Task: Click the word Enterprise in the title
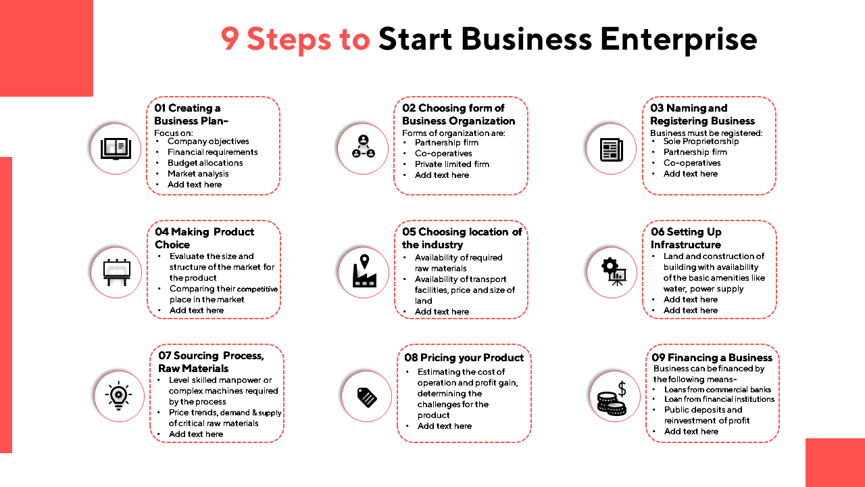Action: pyautogui.click(x=678, y=40)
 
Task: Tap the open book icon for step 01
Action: pyautogui.click(x=116, y=148)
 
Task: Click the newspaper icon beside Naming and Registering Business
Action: pyautogui.click(x=611, y=148)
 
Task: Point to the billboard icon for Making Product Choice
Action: pyautogui.click(x=116, y=272)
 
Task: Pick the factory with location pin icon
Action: pyautogui.click(x=364, y=272)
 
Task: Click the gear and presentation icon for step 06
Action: pyautogui.click(x=612, y=272)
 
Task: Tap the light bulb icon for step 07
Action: pyautogui.click(x=119, y=396)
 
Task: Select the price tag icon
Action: pyautogui.click(x=366, y=396)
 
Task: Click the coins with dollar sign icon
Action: pyautogui.click(x=612, y=398)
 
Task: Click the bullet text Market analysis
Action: pyautogui.click(x=198, y=174)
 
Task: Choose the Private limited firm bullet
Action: pyautogui.click(x=451, y=164)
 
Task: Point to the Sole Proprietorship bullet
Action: pyautogui.click(x=701, y=141)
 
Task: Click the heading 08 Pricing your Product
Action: pyautogui.click(x=464, y=358)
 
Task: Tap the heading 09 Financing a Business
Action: pyautogui.click(x=712, y=358)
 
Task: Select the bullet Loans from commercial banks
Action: pyautogui.click(x=717, y=390)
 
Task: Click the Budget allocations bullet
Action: pyautogui.click(x=205, y=163)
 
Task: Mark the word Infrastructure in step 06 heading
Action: pyautogui.click(x=685, y=245)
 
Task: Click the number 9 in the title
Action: pyautogui.click(x=230, y=40)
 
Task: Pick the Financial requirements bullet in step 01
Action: pyautogui.click(x=212, y=152)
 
